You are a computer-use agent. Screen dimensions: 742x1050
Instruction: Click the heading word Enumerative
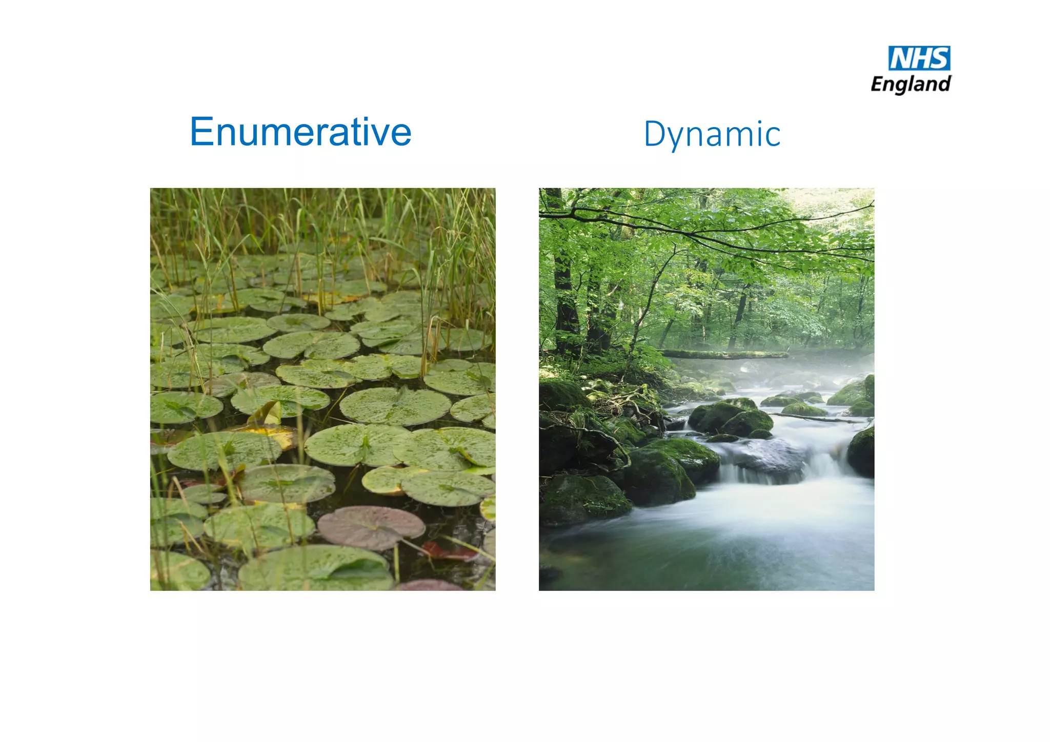[x=300, y=132]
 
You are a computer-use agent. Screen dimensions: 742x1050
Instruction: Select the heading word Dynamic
[x=712, y=135]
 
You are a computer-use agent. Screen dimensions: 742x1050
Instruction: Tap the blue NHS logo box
[x=919, y=58]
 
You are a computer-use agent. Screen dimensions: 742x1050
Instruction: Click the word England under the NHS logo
[x=911, y=84]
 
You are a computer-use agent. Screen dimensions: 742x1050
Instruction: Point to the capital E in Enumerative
[x=201, y=132]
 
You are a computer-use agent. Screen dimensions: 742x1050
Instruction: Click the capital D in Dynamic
[x=654, y=134]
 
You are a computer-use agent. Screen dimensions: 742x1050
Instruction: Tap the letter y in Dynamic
[x=675, y=137]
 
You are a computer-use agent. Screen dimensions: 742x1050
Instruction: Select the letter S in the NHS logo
[x=939, y=58]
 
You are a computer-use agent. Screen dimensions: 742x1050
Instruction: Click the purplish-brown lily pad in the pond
[x=371, y=526]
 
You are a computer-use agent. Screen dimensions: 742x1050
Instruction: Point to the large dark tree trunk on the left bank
[x=564, y=297]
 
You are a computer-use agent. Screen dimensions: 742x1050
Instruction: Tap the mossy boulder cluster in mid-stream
[x=731, y=416]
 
